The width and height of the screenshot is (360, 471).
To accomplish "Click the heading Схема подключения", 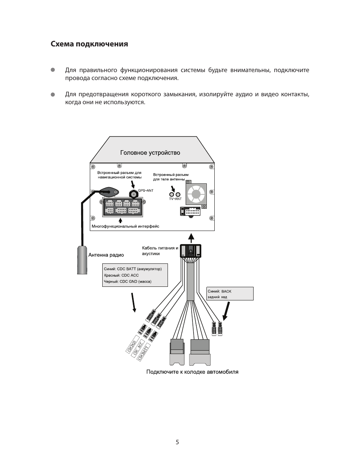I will tap(89, 44).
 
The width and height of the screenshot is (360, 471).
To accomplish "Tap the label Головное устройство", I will tap(150, 153).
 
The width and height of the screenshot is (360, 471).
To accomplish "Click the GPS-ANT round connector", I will tap(133, 194).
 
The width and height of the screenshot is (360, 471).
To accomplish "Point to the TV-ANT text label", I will tap(175, 199).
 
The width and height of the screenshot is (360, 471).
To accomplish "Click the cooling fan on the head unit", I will tap(196, 194).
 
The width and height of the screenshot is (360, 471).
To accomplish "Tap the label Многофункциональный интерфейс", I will tap(125, 226).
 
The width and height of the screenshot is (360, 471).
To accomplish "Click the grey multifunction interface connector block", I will tap(123, 207).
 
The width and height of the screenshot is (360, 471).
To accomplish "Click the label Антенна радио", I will tap(106, 255).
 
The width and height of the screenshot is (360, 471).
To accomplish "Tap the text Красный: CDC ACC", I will tap(122, 276).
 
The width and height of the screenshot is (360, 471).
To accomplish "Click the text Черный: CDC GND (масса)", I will tap(128, 282).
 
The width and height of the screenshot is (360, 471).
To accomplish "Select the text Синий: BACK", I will tap(220, 291).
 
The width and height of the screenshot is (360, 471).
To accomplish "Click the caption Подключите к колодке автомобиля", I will tap(192, 372).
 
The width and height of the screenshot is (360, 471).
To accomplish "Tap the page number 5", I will tap(177, 442).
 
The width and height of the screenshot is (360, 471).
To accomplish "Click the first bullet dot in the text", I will tap(53, 70).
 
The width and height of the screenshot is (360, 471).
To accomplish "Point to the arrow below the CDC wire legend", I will tap(133, 303).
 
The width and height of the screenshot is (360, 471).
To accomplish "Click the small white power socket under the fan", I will tap(191, 212).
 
